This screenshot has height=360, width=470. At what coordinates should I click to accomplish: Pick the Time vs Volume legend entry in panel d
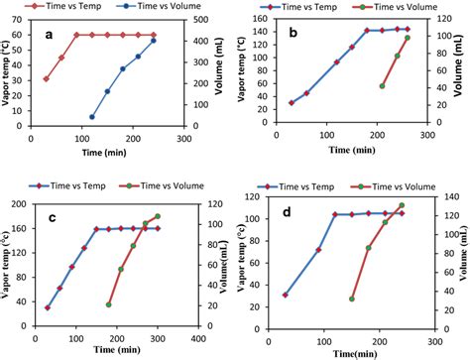point(404,184)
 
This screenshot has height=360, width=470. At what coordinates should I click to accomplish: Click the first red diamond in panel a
point(46,78)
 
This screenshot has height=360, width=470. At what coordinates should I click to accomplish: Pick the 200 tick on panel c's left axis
point(24,204)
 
